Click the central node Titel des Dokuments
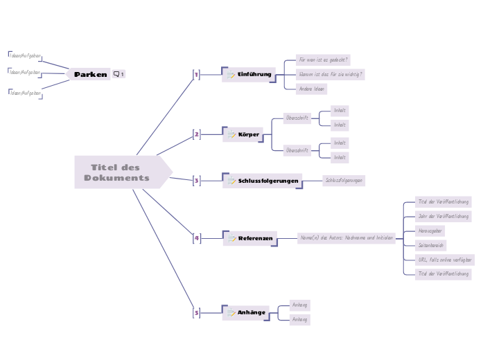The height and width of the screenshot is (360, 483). pyautogui.click(x=118, y=172)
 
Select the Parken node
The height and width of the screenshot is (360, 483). pyautogui.click(x=91, y=74)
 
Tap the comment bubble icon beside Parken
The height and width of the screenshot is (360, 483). pyautogui.click(x=116, y=74)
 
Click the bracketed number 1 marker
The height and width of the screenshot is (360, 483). pyautogui.click(x=196, y=74)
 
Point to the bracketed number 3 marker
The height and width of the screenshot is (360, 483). pyautogui.click(x=196, y=181)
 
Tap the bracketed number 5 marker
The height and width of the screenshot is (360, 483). pyautogui.click(x=196, y=313)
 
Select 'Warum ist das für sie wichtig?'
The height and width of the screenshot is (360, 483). pyautogui.click(x=331, y=74)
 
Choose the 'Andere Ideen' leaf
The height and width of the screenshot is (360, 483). pyautogui.click(x=312, y=89)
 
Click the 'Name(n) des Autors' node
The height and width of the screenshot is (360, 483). pyautogui.click(x=346, y=237)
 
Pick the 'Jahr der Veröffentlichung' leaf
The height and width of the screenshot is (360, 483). pyautogui.click(x=444, y=216)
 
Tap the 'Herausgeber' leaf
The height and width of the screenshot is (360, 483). pyautogui.click(x=430, y=231)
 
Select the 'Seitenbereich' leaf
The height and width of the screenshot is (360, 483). pyautogui.click(x=431, y=245)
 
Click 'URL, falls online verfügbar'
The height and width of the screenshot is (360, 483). pyautogui.click(x=445, y=260)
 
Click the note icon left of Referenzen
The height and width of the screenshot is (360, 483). pyautogui.click(x=231, y=239)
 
